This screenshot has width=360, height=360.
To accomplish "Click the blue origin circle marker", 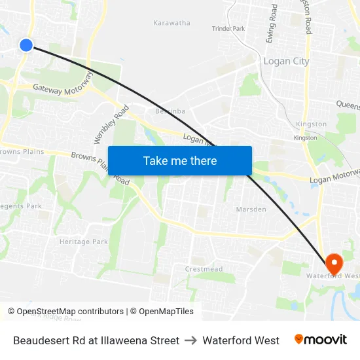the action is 26,45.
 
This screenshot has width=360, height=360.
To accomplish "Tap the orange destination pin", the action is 334,263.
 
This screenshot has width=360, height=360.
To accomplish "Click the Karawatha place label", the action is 171,23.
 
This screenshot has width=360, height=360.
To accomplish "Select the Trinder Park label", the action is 228,29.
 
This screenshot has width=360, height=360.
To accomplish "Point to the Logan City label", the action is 286,61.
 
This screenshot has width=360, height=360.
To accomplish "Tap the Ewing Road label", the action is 272,24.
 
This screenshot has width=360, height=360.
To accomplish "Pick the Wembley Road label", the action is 107,125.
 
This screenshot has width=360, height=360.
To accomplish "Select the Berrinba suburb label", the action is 170,111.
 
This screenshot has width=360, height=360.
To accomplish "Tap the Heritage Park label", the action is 84,242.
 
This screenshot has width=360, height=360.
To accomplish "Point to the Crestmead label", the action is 204,269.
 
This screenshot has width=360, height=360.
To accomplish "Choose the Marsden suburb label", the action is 251,209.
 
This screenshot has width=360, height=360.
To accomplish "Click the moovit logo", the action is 321,340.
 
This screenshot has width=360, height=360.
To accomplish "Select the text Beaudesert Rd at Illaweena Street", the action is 96,340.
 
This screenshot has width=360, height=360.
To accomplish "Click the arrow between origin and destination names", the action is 191,340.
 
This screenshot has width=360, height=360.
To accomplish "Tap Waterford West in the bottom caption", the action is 241,340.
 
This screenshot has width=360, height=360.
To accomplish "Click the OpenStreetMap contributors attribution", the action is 65,312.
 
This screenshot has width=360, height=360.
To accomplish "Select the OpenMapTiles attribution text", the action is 166,312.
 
